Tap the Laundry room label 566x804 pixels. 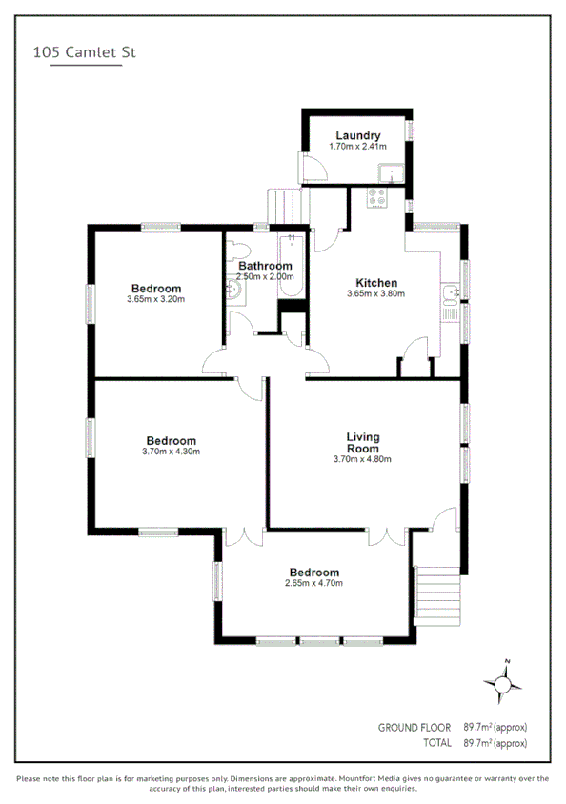pyautogui.click(x=358, y=136)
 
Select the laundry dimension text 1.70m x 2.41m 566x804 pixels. pyautogui.click(x=358, y=147)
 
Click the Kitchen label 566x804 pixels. pyautogui.click(x=375, y=283)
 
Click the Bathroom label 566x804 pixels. pyautogui.click(x=265, y=266)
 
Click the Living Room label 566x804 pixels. pyautogui.click(x=362, y=443)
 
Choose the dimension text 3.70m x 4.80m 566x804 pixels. pyautogui.click(x=362, y=459)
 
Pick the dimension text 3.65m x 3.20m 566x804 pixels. pyautogui.click(x=155, y=299)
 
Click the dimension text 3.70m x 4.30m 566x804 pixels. pyautogui.click(x=172, y=452)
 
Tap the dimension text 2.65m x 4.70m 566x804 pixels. pyautogui.click(x=313, y=583)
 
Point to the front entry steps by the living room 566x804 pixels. pyautogui.click(x=435, y=594)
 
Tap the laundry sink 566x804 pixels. pyautogui.click(x=391, y=174)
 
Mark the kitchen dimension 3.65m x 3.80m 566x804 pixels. pyautogui.click(x=375, y=294)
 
